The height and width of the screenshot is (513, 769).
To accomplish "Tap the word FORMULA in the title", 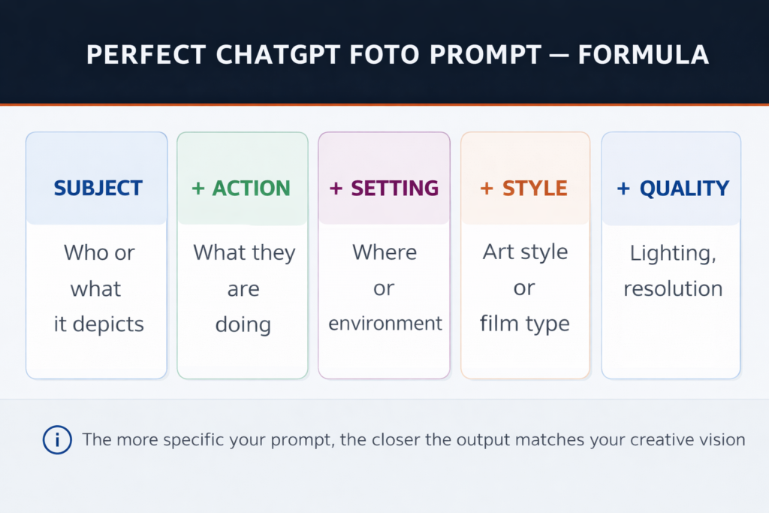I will click(x=643, y=56).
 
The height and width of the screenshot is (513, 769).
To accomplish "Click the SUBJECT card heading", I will click(x=98, y=188).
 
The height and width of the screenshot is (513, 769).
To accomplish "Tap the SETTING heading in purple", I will click(x=395, y=188).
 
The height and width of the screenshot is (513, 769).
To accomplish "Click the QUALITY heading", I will click(x=684, y=188).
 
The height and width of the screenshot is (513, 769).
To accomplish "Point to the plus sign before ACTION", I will click(x=198, y=189).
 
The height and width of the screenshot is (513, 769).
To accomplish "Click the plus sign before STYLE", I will click(x=487, y=189).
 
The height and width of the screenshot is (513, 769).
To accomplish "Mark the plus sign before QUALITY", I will click(x=623, y=189).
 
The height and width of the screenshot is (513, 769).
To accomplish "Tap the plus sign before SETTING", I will click(x=336, y=189).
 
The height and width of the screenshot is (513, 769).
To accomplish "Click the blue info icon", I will click(x=57, y=439).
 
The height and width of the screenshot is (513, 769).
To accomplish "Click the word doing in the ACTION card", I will click(x=243, y=324).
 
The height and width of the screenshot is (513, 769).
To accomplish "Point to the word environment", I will click(x=385, y=324).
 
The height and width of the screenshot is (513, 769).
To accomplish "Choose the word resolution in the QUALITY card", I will click(x=673, y=288).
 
